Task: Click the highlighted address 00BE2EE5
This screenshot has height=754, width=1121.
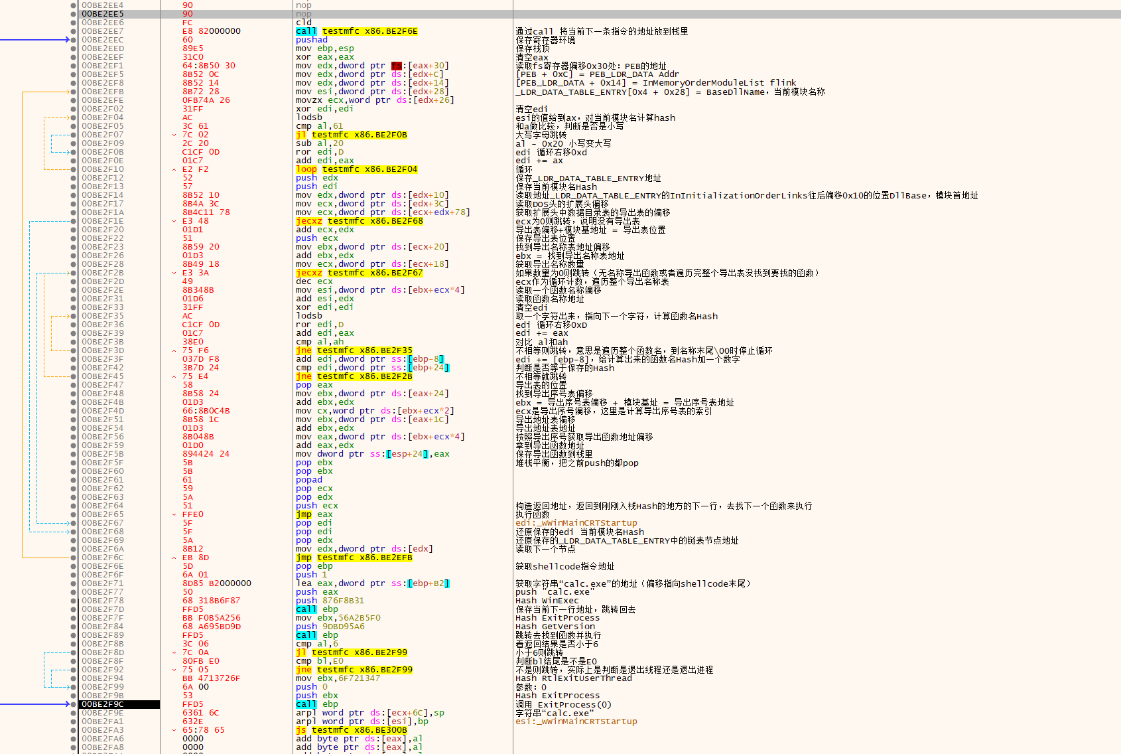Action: (103, 14)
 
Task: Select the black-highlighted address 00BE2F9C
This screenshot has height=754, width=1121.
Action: (103, 704)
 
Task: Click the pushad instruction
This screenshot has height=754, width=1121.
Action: (311, 40)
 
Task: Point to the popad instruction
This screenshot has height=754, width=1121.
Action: (308, 480)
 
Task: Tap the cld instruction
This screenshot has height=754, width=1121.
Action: (303, 23)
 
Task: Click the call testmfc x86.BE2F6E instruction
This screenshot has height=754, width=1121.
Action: (356, 31)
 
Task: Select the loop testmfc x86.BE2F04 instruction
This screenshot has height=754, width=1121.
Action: (356, 169)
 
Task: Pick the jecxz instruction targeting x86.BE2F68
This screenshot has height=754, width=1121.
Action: (359, 221)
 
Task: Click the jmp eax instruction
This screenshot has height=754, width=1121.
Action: (314, 514)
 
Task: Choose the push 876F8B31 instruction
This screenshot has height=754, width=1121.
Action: (330, 601)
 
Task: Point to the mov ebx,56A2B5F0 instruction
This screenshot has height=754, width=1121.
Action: (338, 618)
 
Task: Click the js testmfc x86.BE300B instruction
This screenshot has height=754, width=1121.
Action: (351, 730)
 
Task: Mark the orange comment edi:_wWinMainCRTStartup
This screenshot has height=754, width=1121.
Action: (576, 523)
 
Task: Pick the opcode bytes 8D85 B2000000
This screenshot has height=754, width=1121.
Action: (217, 583)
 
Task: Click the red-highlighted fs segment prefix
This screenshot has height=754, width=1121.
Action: (396, 66)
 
